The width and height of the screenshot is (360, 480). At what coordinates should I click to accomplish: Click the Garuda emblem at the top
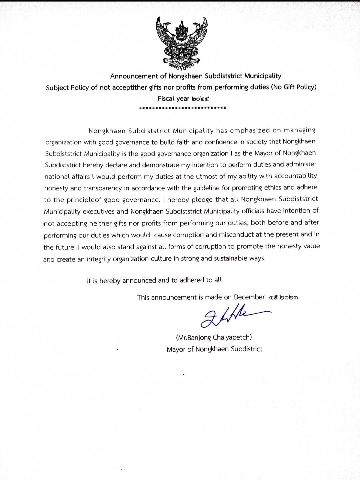click(182, 41)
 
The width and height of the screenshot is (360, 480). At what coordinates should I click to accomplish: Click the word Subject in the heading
click(57, 88)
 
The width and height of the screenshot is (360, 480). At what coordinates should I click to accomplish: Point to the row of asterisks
click(183, 108)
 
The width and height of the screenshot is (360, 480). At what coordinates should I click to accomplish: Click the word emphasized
click(250, 130)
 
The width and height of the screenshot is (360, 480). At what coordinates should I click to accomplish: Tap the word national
click(57, 177)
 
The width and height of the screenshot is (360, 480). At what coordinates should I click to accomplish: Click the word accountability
click(295, 176)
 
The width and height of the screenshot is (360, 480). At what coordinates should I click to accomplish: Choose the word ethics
click(273, 187)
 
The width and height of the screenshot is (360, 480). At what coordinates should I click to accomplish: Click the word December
click(249, 297)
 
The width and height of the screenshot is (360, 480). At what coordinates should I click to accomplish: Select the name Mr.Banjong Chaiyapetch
click(214, 337)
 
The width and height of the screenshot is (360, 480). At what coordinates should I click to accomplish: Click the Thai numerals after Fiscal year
click(200, 99)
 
